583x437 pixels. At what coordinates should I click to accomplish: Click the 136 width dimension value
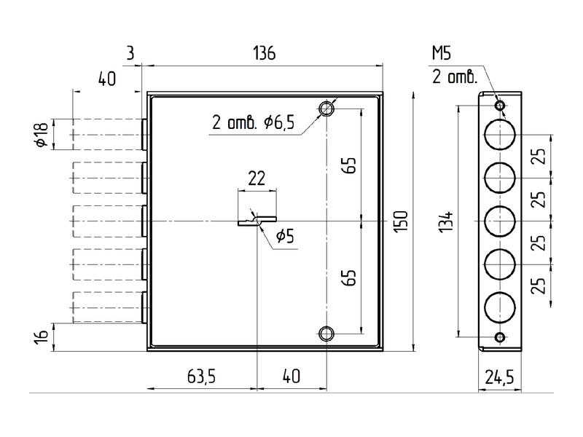point(265,53)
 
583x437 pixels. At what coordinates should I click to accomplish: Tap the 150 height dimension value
point(401,222)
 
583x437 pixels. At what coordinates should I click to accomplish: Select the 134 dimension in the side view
point(446,222)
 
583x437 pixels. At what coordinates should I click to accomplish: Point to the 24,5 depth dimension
point(499,377)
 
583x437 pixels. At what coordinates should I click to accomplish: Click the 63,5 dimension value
point(201,376)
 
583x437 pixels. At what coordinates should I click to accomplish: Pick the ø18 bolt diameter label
point(42,134)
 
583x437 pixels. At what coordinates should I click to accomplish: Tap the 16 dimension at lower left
point(42,336)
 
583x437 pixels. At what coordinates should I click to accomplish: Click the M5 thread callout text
point(442,53)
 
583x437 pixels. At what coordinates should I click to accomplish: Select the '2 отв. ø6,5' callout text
point(253,122)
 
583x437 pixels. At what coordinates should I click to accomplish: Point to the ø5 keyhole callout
point(285,235)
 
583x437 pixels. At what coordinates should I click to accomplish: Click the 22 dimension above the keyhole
point(257,178)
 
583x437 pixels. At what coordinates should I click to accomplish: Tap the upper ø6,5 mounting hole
point(326,109)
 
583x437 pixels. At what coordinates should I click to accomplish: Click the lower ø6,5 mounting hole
point(326,334)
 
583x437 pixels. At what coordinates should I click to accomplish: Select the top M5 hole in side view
point(500,106)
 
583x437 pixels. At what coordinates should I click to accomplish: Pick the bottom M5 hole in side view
point(500,337)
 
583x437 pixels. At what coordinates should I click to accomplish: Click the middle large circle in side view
point(500,221)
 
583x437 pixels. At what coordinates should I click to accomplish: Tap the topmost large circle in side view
point(500,135)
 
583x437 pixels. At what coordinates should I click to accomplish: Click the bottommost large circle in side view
point(500,308)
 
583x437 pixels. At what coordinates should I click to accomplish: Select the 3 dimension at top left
point(130,53)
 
